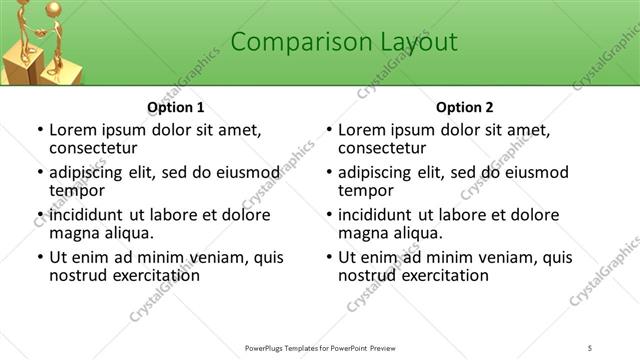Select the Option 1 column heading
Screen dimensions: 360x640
(176, 107)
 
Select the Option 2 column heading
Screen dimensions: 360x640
(465, 107)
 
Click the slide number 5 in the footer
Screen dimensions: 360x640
(591, 347)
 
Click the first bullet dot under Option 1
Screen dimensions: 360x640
(39, 130)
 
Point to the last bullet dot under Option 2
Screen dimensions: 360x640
(328, 258)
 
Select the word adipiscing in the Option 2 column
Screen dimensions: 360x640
(377, 172)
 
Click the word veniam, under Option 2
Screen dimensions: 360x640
(513, 257)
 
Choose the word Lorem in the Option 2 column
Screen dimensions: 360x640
(361, 130)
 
